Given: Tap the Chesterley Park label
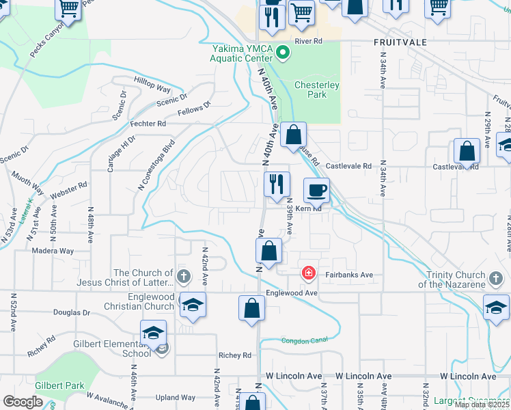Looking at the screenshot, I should point(312,90).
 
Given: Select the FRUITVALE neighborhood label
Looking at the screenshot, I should point(400,42).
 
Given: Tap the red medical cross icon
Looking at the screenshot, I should point(309,274).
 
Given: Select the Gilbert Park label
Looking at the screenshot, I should point(61,385).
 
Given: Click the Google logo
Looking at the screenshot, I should point(23,402).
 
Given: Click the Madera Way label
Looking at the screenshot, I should point(53,251).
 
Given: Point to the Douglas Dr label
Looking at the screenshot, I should point(72,312).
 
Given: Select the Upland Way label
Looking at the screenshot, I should point(176,398).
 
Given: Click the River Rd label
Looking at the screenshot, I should point(308,42).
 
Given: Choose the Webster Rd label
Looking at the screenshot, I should point(70,191).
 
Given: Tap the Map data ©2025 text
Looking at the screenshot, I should point(480,405).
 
